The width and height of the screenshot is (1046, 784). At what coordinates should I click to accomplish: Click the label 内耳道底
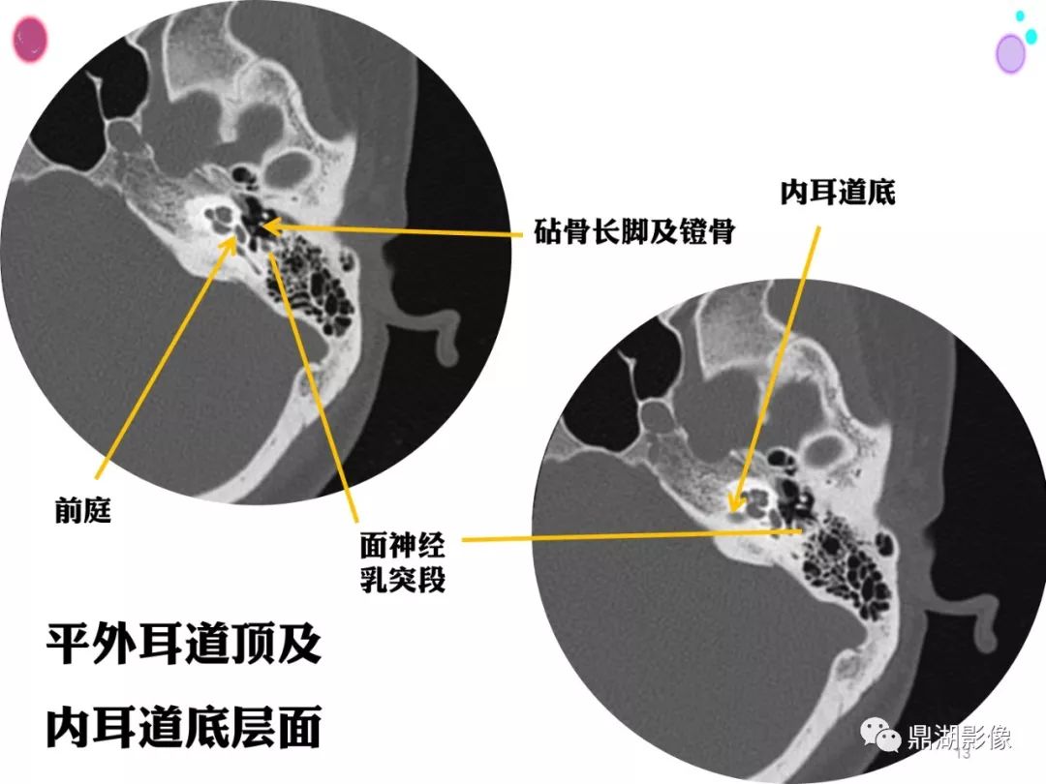[x=837, y=192]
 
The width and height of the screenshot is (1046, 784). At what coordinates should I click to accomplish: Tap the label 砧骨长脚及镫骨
[x=634, y=231]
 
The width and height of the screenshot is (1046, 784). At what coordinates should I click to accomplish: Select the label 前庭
[x=82, y=511]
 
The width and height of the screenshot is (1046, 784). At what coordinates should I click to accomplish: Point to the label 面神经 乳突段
[x=403, y=561]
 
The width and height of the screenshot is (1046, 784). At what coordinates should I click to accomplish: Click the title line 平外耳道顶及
[x=183, y=644]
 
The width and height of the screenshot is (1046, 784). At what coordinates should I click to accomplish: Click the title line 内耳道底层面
[x=183, y=727]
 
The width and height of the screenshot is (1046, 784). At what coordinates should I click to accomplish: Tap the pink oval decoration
[x=31, y=40]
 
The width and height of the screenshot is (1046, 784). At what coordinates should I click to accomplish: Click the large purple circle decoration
[x=1010, y=53]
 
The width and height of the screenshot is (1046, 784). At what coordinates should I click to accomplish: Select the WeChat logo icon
[x=879, y=735]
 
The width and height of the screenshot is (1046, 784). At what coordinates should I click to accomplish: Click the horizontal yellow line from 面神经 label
[x=631, y=535]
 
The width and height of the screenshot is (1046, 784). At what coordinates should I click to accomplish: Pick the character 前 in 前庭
[x=69, y=511]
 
